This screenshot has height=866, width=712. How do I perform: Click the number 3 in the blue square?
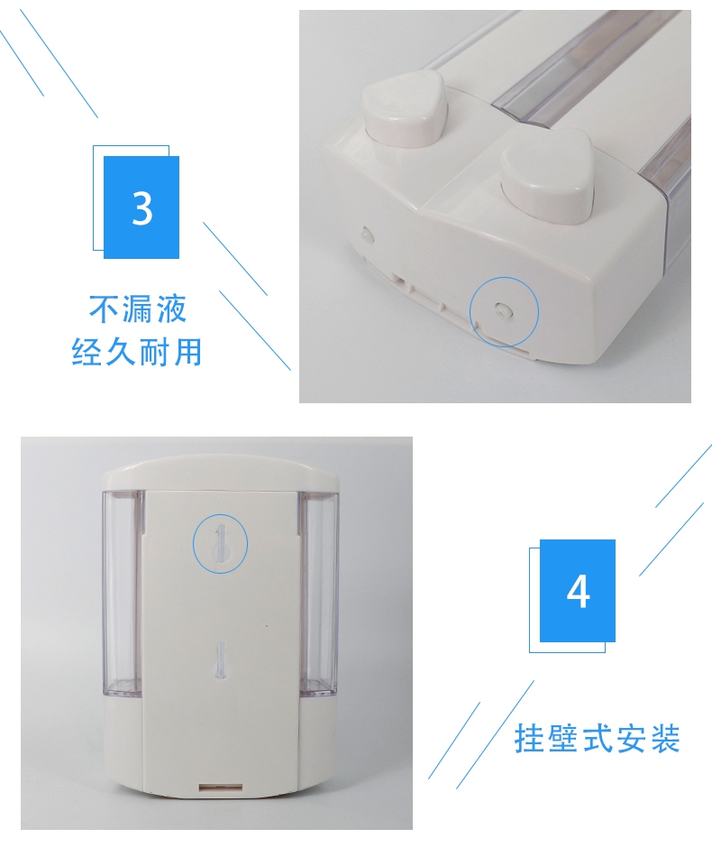142,207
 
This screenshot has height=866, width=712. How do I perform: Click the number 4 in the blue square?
578,592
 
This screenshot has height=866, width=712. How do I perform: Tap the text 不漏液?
138,309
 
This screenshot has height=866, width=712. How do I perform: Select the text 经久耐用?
137,352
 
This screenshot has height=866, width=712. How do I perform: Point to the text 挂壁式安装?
597,739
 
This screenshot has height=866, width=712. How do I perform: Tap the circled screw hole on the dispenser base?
503,311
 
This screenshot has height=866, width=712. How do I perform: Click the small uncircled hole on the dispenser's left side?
366,233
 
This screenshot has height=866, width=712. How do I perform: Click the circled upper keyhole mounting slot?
220,544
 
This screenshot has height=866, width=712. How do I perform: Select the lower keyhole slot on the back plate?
220,659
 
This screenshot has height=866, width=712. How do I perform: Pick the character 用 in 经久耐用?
187,352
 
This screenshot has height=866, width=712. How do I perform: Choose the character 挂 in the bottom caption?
530,739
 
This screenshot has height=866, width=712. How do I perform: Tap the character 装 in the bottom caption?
664,739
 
